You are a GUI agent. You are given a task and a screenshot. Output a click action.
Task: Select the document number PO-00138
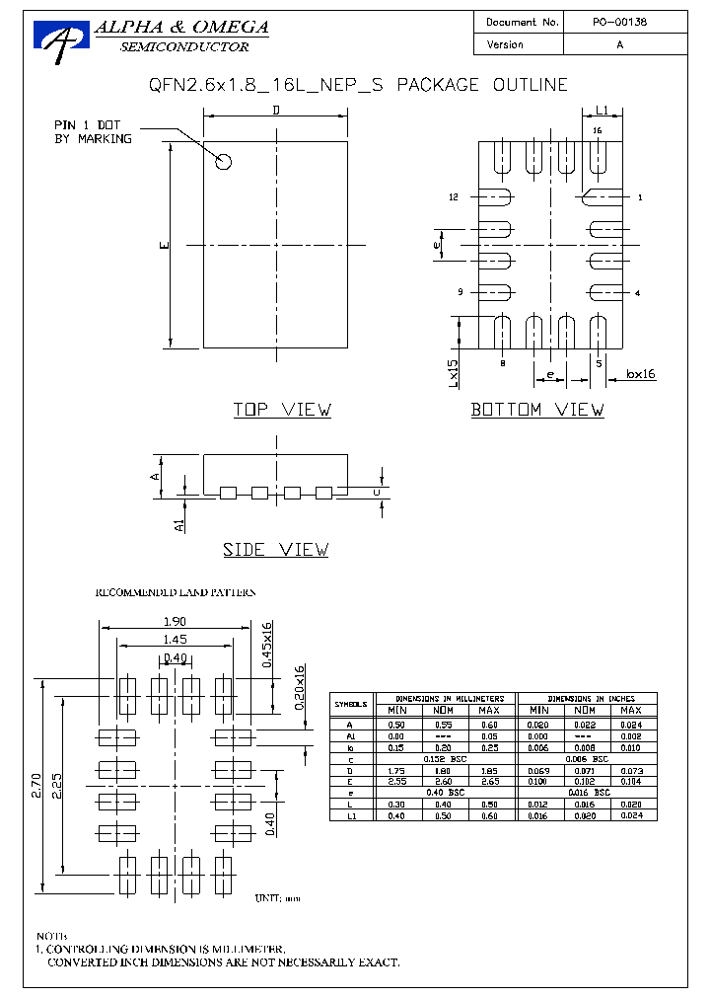tap(619, 22)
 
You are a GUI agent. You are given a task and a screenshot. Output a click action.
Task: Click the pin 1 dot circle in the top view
tap(224, 161)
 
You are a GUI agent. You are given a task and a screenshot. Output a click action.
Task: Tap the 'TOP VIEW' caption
tap(282, 410)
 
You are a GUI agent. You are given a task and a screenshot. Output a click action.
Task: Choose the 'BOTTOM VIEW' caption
tap(537, 410)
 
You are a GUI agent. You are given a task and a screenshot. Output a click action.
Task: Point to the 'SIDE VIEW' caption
tap(275, 550)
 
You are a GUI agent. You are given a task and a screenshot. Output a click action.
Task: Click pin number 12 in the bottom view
tap(454, 197)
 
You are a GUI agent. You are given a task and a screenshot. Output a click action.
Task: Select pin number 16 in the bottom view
tap(597, 130)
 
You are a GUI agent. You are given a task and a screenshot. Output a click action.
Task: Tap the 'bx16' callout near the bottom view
tap(641, 374)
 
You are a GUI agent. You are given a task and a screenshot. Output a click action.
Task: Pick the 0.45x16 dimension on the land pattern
tap(266, 645)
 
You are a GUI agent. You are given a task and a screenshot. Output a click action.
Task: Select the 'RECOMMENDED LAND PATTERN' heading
tap(175, 592)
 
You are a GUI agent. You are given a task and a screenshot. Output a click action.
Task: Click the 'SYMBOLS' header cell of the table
tap(350, 705)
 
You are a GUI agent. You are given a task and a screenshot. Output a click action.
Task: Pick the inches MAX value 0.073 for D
tap(631, 769)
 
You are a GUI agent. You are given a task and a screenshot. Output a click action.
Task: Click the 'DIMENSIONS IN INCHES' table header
tap(587, 698)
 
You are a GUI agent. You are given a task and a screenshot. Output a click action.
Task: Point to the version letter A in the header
tap(619, 45)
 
